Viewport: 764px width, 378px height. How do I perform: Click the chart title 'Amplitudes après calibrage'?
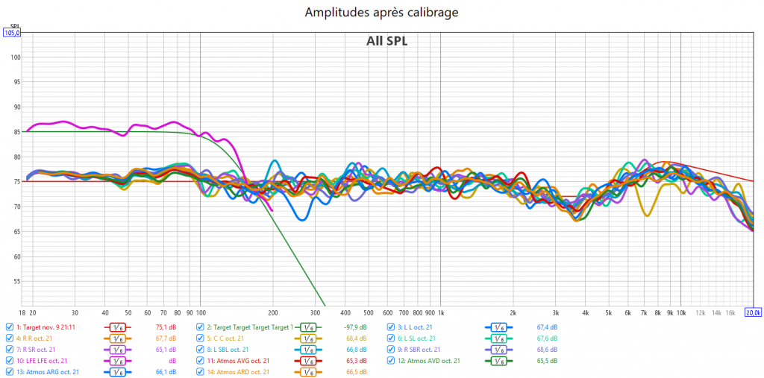(x=381, y=13)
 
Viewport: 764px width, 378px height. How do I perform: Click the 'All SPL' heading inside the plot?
(x=386, y=41)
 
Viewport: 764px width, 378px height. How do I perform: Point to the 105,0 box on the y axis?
(x=13, y=33)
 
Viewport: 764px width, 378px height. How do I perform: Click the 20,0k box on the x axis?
(x=754, y=312)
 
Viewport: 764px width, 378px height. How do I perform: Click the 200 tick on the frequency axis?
(x=273, y=312)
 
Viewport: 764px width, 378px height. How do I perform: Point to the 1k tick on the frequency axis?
(x=440, y=312)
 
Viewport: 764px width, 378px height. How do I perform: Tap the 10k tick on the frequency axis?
(x=680, y=312)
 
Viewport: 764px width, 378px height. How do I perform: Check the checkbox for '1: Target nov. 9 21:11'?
(x=9, y=327)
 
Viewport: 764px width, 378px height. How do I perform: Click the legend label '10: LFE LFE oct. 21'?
(x=49, y=360)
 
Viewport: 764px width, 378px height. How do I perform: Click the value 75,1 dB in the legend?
(x=165, y=327)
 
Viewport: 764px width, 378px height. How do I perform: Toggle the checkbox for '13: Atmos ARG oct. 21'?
(x=9, y=371)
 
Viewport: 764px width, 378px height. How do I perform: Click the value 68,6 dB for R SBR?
(x=547, y=349)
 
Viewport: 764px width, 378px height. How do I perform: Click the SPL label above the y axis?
(x=14, y=26)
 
